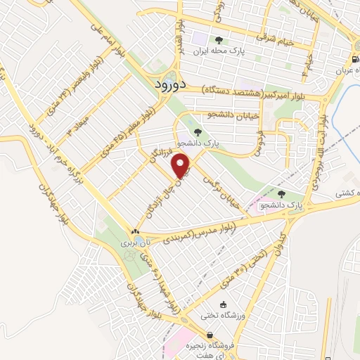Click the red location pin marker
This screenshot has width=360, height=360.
click(x=182, y=166)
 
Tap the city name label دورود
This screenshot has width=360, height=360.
click(x=168, y=83)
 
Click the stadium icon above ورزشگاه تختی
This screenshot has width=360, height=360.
click(x=224, y=304)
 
